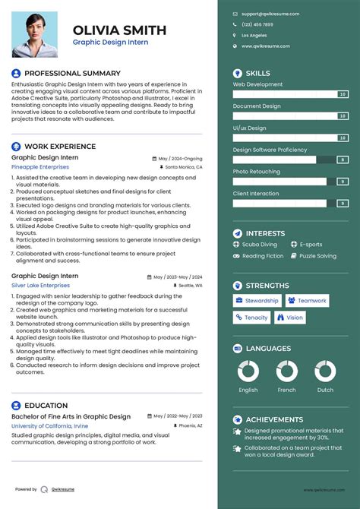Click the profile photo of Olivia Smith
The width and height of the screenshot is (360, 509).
(34, 33)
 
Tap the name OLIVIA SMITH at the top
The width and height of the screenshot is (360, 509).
(119, 30)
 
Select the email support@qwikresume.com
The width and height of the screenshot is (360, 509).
(270, 14)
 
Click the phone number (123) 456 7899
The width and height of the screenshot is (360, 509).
(257, 24)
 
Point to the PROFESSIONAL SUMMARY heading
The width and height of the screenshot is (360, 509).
(62, 73)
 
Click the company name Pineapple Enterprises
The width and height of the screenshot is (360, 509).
(39, 166)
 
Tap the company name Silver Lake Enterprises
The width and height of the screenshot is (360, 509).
(40, 285)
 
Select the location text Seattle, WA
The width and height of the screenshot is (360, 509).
(188, 285)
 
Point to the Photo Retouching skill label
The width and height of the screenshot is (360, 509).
(256, 172)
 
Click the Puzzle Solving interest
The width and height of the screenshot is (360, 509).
(317, 256)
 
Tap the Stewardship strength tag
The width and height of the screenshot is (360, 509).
(257, 301)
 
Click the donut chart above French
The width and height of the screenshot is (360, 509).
(286, 371)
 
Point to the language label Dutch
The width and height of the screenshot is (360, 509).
(325, 390)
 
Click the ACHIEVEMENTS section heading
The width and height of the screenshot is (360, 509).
(274, 419)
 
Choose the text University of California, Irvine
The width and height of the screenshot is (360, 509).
(50, 426)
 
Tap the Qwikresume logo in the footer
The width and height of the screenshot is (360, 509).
(44, 489)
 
